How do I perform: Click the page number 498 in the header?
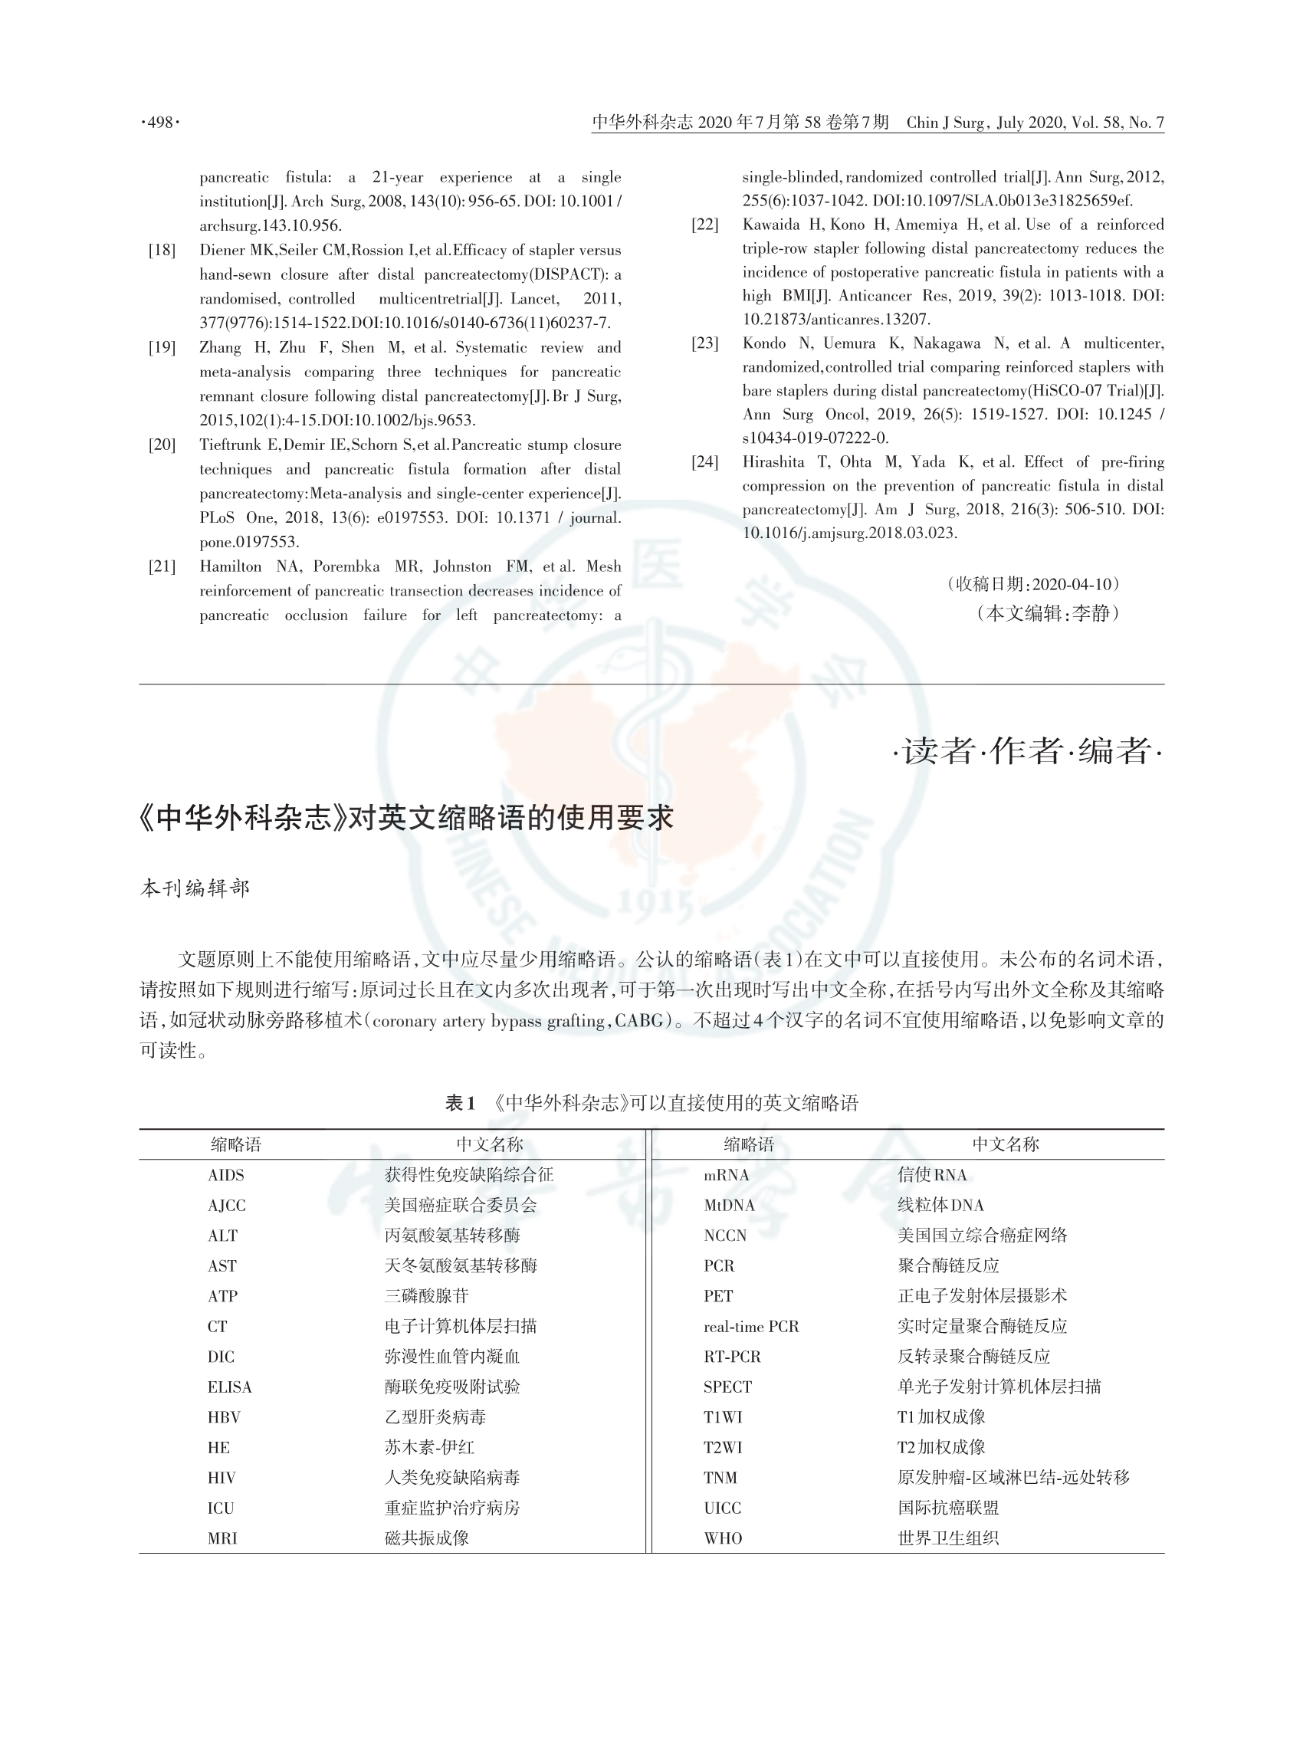160,123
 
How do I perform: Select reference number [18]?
162,250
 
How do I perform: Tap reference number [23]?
704,343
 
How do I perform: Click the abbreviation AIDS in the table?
226,1176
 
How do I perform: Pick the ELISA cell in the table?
229,1387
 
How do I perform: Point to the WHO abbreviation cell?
723,1538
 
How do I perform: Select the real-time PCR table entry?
751,1327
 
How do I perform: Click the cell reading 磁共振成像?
427,1538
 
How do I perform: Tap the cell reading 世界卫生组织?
948,1538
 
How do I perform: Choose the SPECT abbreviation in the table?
727,1387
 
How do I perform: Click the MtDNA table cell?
729,1206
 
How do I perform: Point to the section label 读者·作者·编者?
1028,750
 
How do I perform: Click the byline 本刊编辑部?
195,888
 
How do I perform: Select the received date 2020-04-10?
1072,585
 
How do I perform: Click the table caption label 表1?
460,1103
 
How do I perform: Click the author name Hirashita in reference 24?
771,462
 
